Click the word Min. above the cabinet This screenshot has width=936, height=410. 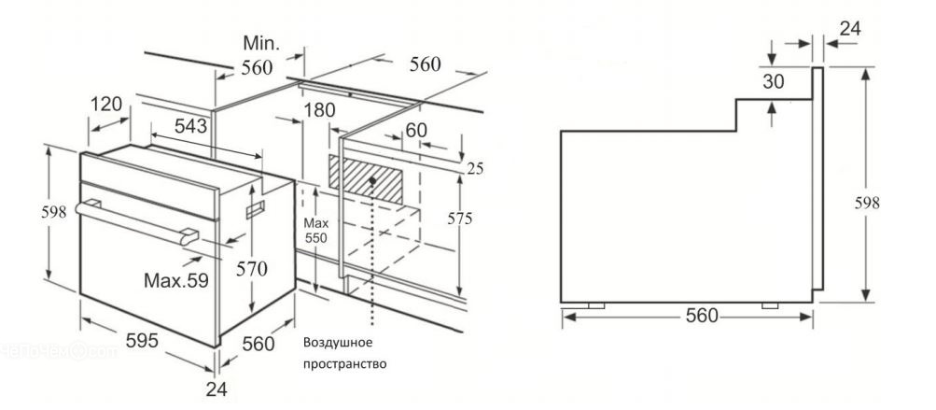pos(262,43)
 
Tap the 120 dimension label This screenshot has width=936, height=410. pos(106,104)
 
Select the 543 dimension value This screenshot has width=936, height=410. pos(191,126)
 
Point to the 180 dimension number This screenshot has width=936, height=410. pos(319,110)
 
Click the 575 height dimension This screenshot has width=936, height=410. pos(460,219)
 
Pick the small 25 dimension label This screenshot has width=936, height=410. pos(475,169)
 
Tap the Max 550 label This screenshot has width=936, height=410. pos(316,231)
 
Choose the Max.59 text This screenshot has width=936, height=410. pos(176,280)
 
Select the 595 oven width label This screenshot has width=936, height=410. pos(142,341)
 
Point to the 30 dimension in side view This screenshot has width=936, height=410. pos(774,82)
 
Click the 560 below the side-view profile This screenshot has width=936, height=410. pos(702,316)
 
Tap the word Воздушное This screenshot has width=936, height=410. pos(338,343)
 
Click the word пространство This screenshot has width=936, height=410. pos(345,364)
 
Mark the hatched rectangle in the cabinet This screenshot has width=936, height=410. pos(365,178)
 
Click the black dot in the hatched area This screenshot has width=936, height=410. pos(372,179)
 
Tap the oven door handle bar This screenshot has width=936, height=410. pos(136,223)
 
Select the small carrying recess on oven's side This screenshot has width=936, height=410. pos(255,209)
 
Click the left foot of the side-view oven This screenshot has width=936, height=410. pos(596,305)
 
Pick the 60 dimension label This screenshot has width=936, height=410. pos(415,130)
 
